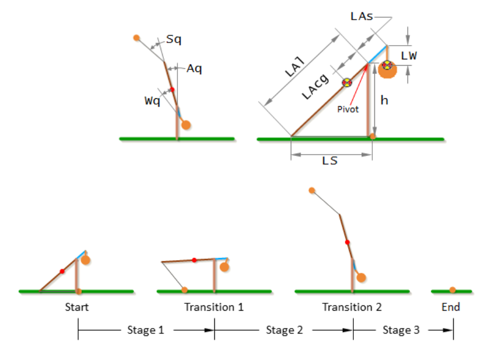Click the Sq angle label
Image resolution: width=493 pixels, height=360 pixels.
point(174,39)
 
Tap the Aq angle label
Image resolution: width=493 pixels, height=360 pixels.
point(194,68)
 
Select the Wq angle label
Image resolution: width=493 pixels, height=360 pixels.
point(152,100)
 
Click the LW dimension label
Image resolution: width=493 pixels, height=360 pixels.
point(408,56)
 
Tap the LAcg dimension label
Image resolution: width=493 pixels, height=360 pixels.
point(315,86)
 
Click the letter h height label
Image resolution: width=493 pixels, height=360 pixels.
point(385,100)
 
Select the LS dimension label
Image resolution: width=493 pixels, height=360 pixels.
point(330,161)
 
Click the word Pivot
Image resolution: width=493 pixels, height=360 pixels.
point(348,109)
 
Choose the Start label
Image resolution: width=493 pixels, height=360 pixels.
point(77,307)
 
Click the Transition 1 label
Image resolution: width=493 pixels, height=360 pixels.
point(214,307)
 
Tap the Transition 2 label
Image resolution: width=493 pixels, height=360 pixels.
point(352,307)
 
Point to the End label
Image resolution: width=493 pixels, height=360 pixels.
point(450,307)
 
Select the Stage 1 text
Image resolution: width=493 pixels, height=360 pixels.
point(142,330)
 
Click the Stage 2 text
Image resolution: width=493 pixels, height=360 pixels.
point(284,330)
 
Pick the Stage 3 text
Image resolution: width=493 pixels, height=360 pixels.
point(401,330)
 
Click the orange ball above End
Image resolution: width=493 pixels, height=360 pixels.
point(453,290)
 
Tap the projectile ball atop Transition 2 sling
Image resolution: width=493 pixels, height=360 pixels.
point(312,190)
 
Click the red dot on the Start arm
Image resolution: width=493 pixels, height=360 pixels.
point(62,271)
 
